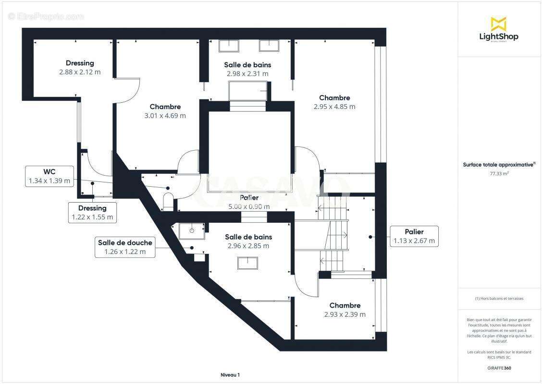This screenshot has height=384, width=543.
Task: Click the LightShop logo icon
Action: coord(498,24)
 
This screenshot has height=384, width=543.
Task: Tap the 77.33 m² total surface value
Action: coord(499,174)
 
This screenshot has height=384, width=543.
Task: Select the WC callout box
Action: coord(49,176)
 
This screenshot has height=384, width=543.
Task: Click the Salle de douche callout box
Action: coord(125,247)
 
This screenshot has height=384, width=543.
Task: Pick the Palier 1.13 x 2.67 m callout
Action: coord(414,236)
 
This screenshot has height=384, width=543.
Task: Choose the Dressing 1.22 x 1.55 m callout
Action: coord(92,213)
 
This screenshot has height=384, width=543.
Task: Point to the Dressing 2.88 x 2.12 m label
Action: coord(80,68)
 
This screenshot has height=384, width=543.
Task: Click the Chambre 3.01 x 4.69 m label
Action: coord(165,111)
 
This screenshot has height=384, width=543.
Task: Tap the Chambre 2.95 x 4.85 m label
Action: coord(334,102)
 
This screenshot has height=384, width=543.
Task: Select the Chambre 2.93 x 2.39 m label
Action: coord(345,310)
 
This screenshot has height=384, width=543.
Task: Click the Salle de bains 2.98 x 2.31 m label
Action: coord(247,69)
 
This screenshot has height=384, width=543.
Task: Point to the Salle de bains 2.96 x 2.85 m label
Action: coord(248,241)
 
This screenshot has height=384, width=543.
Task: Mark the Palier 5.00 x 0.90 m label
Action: coord(249,202)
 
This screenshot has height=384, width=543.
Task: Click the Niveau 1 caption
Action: coord(230,374)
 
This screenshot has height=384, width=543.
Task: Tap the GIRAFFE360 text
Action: coord(499,368)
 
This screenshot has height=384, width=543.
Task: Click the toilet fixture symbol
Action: coord(168,201)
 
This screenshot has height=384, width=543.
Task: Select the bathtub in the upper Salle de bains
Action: coord(248,91)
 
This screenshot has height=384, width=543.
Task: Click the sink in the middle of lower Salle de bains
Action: coord(247,263)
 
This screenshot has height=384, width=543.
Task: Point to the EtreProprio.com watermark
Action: coord(46,16)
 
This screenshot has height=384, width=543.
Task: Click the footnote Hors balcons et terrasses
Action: coord(499,299)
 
